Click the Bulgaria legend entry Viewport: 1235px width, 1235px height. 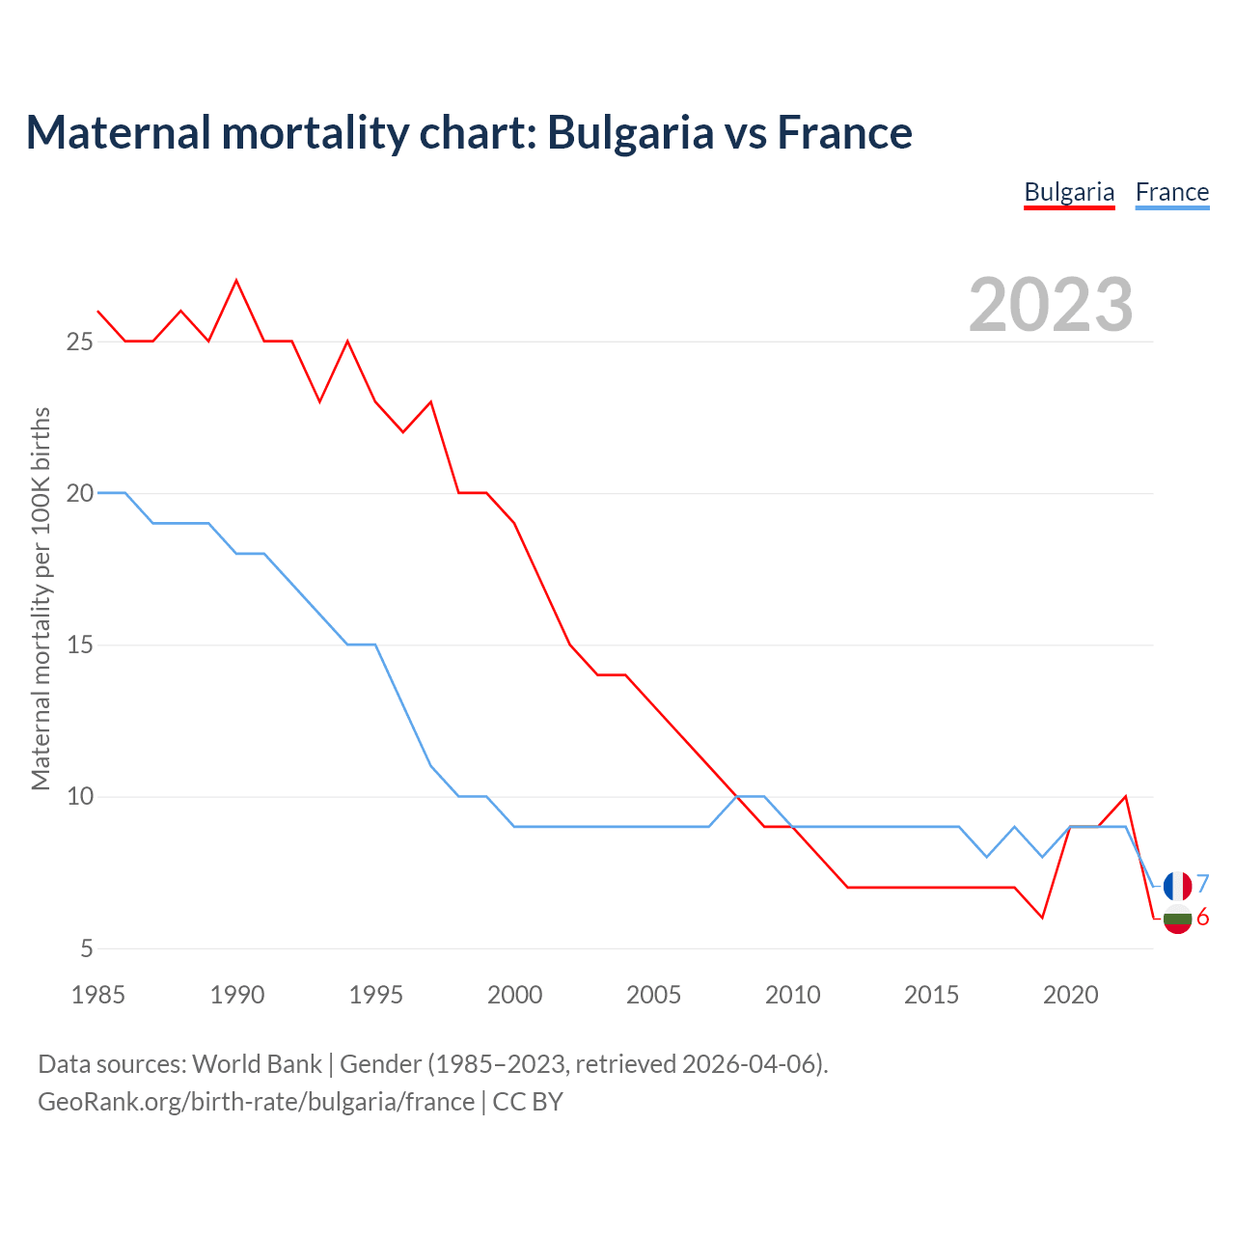coord(1069,192)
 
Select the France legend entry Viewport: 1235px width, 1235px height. coord(1171,192)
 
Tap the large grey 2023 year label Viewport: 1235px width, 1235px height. coord(1051,305)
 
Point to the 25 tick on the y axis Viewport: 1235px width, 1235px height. coord(80,342)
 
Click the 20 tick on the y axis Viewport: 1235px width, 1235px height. coord(80,493)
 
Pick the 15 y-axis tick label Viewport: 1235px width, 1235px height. coord(80,645)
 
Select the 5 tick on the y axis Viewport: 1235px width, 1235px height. coord(87,948)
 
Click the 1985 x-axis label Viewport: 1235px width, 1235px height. coord(98,995)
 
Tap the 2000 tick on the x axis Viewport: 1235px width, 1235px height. coord(514,995)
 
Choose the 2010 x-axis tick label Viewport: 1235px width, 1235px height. coord(792,995)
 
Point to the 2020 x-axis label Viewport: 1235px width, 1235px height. coord(1070,995)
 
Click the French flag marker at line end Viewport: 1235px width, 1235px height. coord(1177,885)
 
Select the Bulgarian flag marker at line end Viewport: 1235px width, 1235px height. coord(1177,919)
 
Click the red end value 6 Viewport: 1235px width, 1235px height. coord(1202,918)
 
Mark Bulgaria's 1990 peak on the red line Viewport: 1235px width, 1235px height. coord(236,281)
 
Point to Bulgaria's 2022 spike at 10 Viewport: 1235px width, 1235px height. coord(1125,797)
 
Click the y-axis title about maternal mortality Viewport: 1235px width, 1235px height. coord(41,598)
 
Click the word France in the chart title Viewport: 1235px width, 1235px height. coord(844,133)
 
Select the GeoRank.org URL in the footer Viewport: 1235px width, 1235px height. coord(256,1102)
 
